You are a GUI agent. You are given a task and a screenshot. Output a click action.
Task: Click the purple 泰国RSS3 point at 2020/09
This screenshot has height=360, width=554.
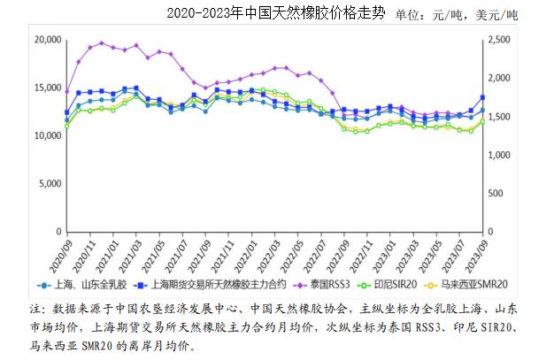66,91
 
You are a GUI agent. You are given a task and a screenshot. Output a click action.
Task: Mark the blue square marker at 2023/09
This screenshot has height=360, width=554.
482,97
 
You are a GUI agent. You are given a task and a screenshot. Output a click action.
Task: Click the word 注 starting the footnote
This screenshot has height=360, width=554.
36,309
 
